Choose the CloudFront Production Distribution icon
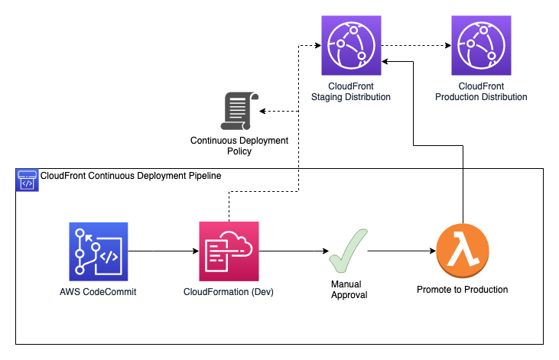pos(480,45)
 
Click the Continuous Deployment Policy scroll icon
pos(239,112)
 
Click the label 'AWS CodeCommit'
pos(98,291)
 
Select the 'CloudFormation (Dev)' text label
pos(229,291)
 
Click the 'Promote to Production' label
pos(462,290)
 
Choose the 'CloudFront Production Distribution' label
pos(480,92)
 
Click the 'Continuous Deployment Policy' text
pos(239,146)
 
